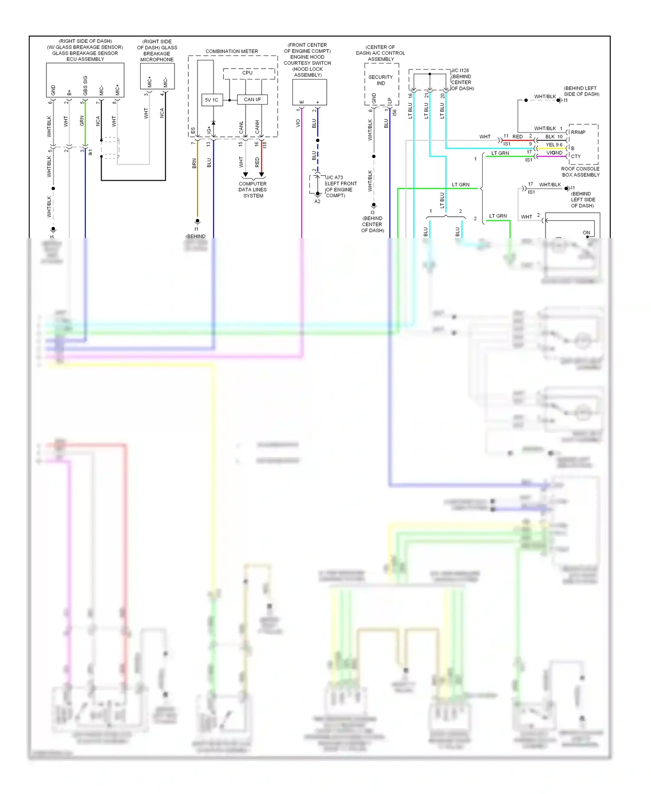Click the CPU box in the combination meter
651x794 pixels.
pos(249,73)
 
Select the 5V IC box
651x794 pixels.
pos(212,100)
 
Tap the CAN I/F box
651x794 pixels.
pos(252,99)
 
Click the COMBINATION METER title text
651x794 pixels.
pos(232,51)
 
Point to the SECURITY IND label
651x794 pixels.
pos(381,80)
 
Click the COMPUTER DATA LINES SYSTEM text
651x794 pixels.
pos(253,190)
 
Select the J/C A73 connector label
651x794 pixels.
pos(335,177)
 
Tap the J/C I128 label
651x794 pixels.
pos(460,70)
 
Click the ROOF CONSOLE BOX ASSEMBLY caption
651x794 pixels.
pos(580,172)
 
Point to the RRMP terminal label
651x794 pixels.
pos(578,132)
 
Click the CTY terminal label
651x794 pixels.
pos(576,156)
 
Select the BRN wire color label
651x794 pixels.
pos(194,163)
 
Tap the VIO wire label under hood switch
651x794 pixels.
pos(298,123)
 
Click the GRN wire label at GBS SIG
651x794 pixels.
pos(82,121)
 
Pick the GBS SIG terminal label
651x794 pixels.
pos(85,86)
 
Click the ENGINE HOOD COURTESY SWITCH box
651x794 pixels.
pos(309,92)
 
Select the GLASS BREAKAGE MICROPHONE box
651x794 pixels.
pos(157,76)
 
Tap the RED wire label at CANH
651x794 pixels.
pos(257,162)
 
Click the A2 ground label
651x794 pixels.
pos(317,202)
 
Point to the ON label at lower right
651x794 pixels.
pos(586,233)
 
